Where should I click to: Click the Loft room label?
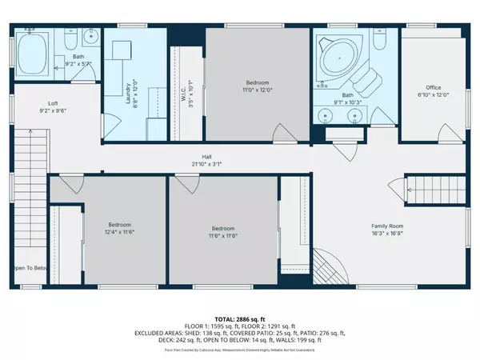[53, 103]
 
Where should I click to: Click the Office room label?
[434, 87]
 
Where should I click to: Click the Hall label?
[206, 157]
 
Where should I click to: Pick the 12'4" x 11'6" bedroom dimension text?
[120, 233]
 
